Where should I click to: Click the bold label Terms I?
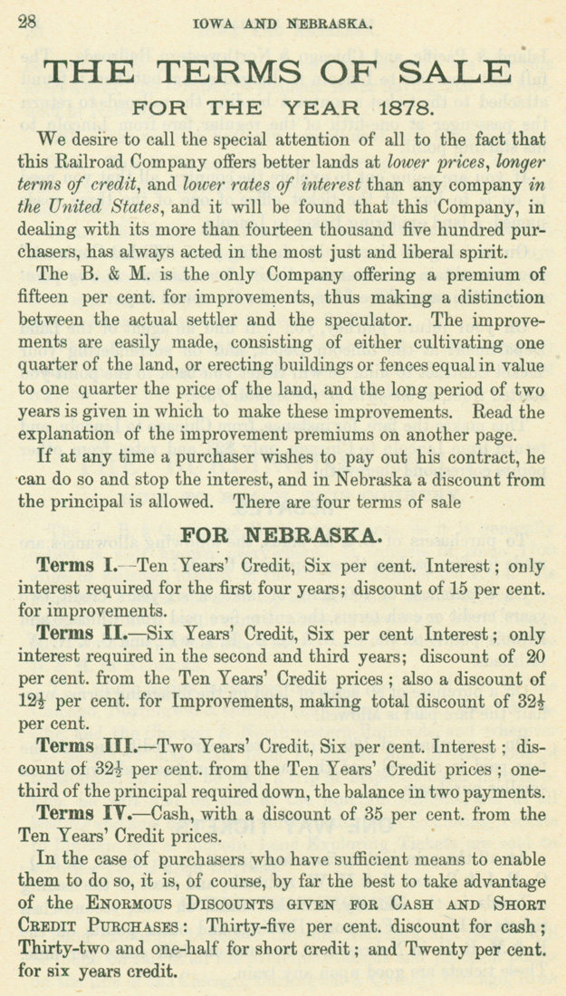(75, 567)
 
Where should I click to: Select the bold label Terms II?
(82, 627)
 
